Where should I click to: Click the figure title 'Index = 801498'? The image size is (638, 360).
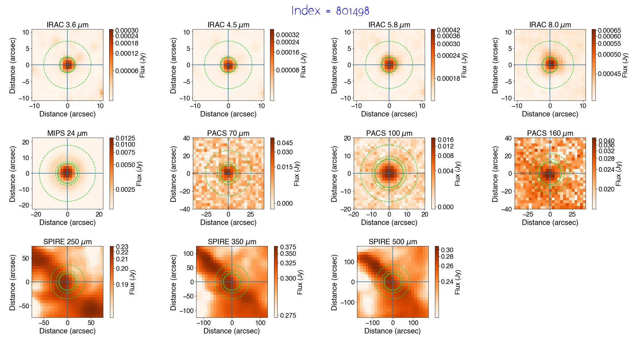tap(330, 11)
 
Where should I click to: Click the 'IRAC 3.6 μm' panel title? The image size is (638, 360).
tap(67, 25)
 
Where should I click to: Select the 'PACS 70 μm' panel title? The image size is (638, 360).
tap(228, 133)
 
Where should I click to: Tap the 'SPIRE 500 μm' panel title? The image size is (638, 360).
tap(392, 242)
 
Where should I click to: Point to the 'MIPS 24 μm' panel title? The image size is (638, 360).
tap(67, 133)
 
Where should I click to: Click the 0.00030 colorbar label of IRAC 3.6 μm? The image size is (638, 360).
tap(127, 31)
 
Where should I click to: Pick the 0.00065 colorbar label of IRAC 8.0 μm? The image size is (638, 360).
tap(609, 31)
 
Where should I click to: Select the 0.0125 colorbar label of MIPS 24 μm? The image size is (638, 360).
tap(125, 138)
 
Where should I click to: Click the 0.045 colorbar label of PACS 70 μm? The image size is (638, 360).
tap(285, 143)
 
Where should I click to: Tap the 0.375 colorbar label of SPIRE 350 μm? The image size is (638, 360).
tap(288, 247)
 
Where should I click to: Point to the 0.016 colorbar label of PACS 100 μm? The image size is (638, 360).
tap(445, 140)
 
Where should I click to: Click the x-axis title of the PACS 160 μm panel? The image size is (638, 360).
tap(550, 222)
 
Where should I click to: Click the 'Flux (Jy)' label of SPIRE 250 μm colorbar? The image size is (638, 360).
tap(132, 282)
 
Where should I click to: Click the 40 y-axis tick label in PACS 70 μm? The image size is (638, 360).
tap(187, 138)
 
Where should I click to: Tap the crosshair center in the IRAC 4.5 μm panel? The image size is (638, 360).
tap(228, 65)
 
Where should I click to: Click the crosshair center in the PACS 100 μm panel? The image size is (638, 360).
tap(389, 173)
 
